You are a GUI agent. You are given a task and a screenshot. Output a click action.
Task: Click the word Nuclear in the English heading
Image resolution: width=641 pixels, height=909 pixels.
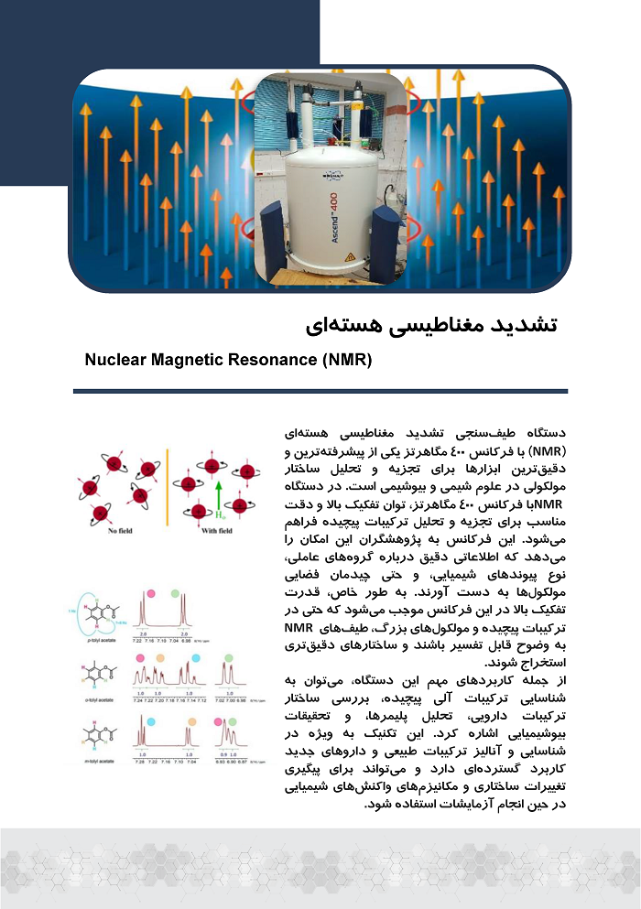(114, 360)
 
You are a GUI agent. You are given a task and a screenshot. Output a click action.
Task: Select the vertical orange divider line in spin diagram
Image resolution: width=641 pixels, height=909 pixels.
(168, 486)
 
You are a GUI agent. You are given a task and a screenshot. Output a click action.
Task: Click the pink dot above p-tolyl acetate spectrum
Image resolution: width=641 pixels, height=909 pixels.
(150, 595)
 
